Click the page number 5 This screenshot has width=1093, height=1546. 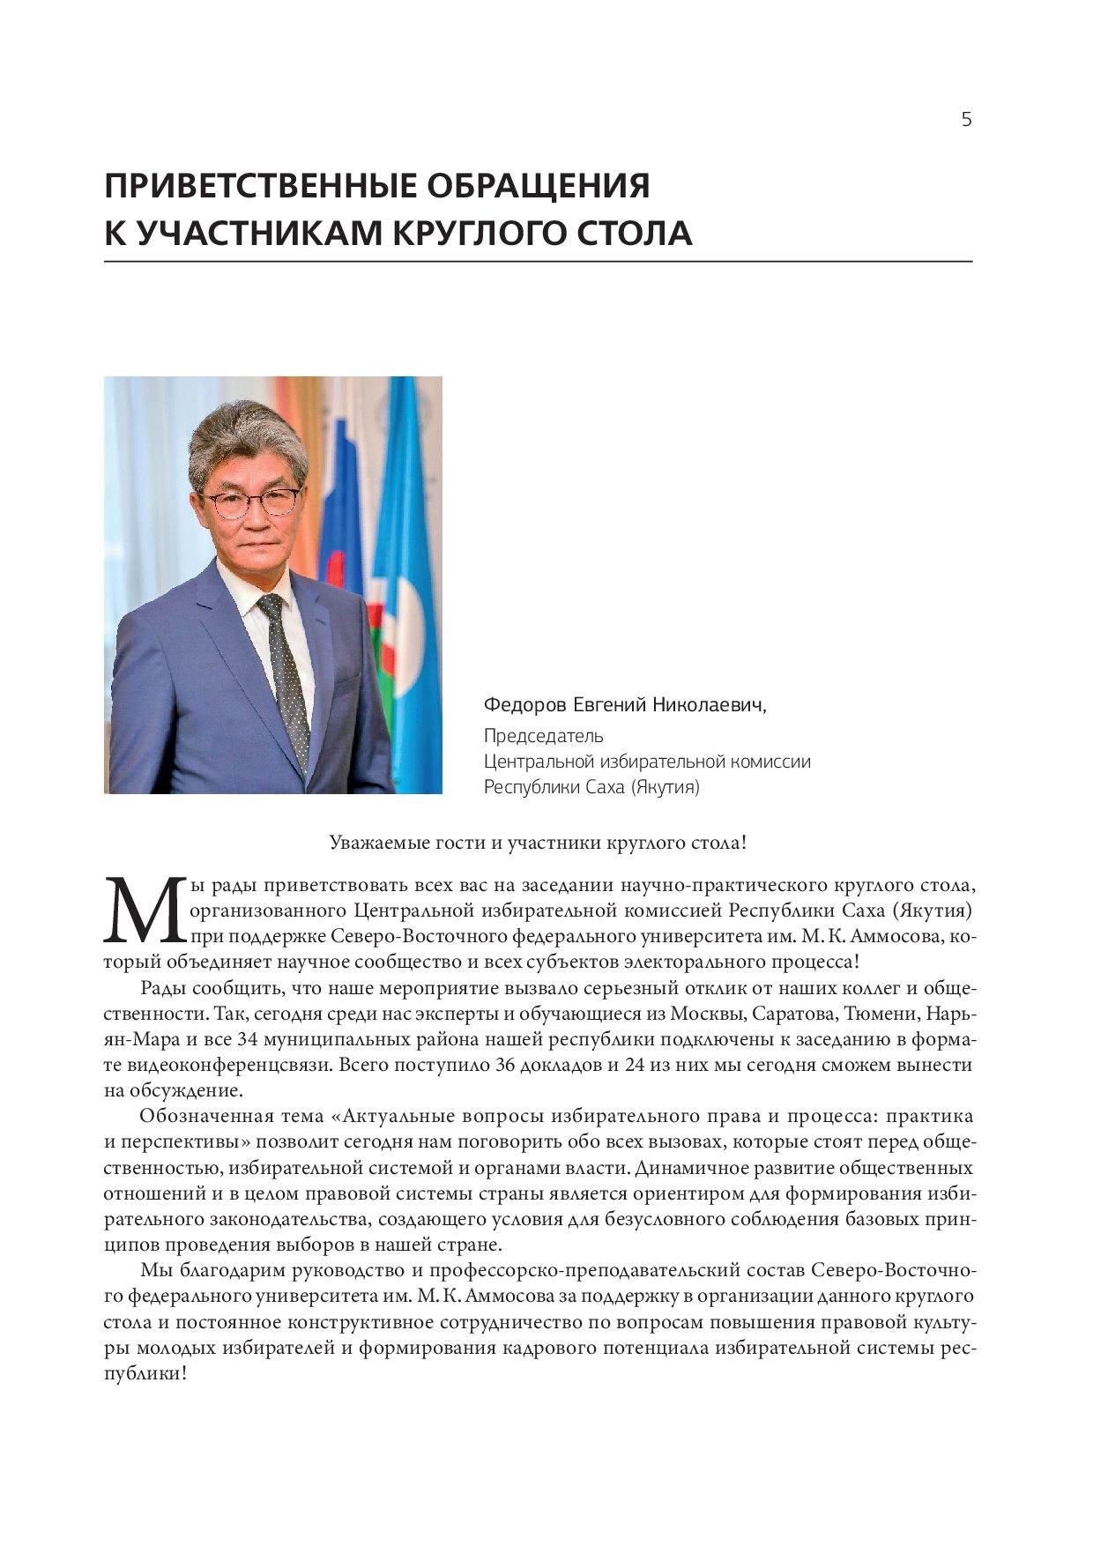tap(966, 120)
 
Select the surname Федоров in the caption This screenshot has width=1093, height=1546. tap(524, 705)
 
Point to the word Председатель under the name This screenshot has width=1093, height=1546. tap(543, 736)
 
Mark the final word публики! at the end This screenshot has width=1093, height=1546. tap(145, 1374)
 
